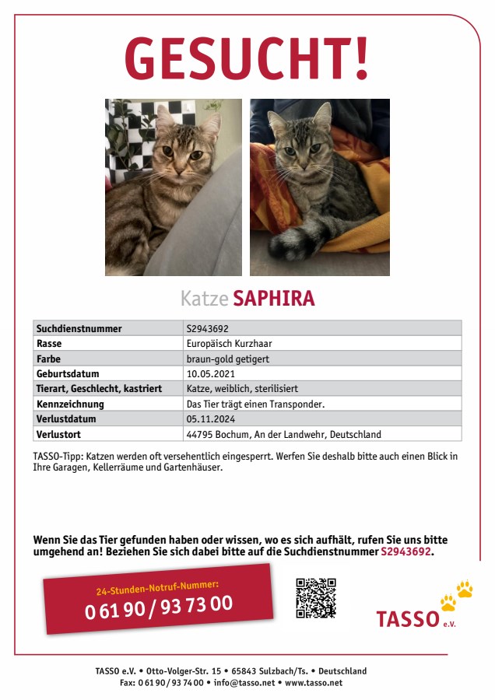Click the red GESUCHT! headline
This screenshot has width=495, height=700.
tap(247, 59)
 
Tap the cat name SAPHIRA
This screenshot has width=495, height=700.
tap(273, 299)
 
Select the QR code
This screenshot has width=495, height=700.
tap(316, 597)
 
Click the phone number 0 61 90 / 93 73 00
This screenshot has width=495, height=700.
tap(159, 606)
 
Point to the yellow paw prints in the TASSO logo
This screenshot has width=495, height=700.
tap(457, 594)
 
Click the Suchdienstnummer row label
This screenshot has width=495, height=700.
tap(79, 328)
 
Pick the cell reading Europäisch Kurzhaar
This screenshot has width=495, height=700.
tap(229, 343)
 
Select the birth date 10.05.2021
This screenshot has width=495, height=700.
tap(211, 373)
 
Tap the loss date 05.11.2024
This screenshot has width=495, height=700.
tap(211, 419)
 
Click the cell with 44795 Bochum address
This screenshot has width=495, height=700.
tap(284, 434)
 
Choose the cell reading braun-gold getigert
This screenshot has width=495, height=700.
tap(228, 359)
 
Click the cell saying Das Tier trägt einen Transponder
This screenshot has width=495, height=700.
tap(255, 404)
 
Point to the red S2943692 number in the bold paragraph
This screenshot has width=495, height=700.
tap(405, 551)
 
